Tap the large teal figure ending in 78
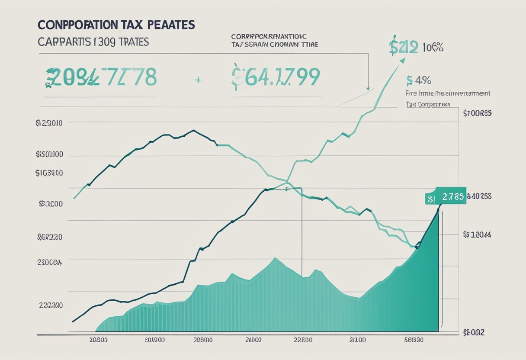[x=101, y=77]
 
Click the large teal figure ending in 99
[x=276, y=77]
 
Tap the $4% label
[x=419, y=80]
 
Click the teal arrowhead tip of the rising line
[x=403, y=61]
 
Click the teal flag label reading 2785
[x=446, y=197]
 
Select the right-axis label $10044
[x=477, y=235]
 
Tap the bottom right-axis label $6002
[x=474, y=332]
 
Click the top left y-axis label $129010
[x=49, y=123]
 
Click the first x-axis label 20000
[x=98, y=340]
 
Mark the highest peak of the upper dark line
[x=193, y=130]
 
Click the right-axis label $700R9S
[x=477, y=113]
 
